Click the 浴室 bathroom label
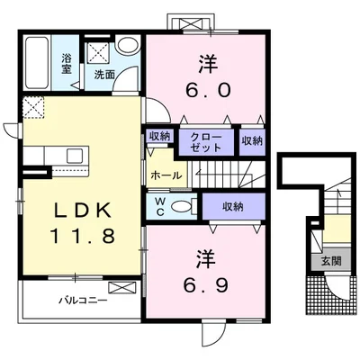[x=67, y=63]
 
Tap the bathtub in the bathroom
[x=36, y=63]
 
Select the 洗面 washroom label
[x=104, y=75]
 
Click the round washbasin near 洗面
[x=128, y=46]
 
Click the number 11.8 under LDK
[x=84, y=236]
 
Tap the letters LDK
[x=83, y=210]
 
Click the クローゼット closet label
[x=206, y=142]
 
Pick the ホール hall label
[x=166, y=175]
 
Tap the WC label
[x=159, y=206]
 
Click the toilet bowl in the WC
[x=182, y=206]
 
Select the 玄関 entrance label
[x=331, y=262]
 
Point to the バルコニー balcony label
[x=83, y=300]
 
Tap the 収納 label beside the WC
[x=233, y=206]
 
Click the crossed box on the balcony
[x=121, y=288]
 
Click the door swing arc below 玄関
[x=337, y=288]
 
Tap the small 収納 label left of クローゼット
[x=160, y=137]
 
